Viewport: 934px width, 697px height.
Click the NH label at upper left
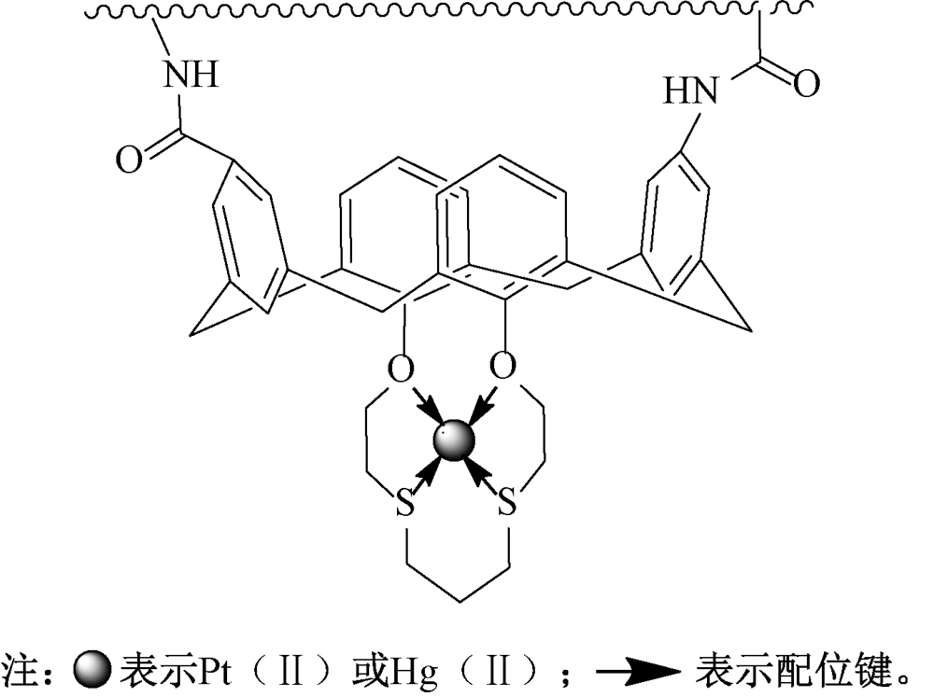pos(191,75)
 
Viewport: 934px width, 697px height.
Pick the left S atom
pos(404,506)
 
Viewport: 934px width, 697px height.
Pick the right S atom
pos(506,506)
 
